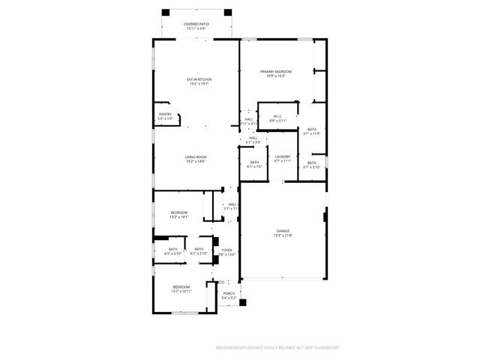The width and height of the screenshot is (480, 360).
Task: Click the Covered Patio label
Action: tap(196, 24)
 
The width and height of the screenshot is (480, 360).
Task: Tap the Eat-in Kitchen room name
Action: tap(199, 79)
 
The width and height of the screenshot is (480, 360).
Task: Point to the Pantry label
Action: tap(165, 114)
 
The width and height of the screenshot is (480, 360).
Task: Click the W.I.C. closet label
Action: tap(277, 116)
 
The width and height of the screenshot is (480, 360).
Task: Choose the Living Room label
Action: tap(196, 157)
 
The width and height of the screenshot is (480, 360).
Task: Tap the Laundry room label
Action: tap(282, 157)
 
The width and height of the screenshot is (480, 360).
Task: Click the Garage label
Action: tap(283, 231)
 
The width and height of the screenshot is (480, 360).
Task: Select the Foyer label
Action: tap(226, 250)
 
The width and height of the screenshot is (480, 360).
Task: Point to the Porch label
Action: tap(229, 293)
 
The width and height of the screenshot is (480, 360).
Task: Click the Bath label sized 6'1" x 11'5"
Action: tap(312, 130)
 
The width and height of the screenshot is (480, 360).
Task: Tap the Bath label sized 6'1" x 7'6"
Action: tap(254, 163)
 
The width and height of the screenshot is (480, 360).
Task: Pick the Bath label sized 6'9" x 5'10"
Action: tap(173, 249)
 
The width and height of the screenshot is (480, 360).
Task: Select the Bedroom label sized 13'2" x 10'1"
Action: tap(179, 213)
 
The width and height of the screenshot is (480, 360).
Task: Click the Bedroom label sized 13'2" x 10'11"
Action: tap(181, 286)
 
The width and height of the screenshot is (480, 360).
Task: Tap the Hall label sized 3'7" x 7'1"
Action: tap(232, 204)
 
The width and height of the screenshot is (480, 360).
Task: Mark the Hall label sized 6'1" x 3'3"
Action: tap(253, 138)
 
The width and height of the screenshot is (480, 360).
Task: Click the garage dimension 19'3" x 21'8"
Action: tap(283, 235)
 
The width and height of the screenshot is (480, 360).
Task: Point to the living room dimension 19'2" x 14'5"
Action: tap(196, 161)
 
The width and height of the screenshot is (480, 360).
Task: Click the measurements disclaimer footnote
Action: tap(278, 348)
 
